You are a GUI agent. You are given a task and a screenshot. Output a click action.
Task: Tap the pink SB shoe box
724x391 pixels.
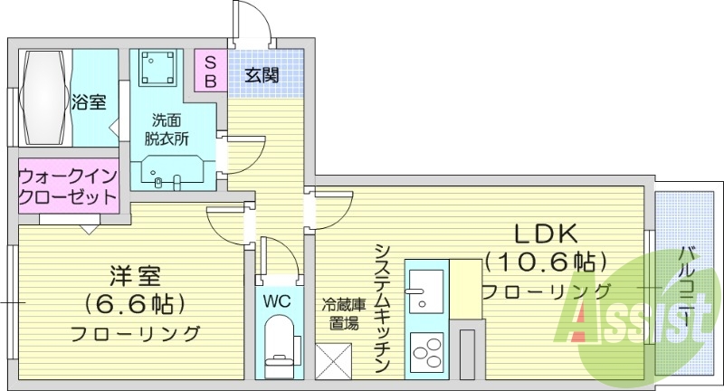point(209,71)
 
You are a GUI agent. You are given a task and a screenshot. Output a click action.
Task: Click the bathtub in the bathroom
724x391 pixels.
point(43,98)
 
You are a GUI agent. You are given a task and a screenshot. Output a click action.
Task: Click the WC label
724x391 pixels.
point(277,300)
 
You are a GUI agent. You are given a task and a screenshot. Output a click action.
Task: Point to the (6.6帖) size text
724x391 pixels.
point(135,303)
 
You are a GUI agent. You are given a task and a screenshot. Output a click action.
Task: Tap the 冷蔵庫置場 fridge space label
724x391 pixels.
point(341,313)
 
